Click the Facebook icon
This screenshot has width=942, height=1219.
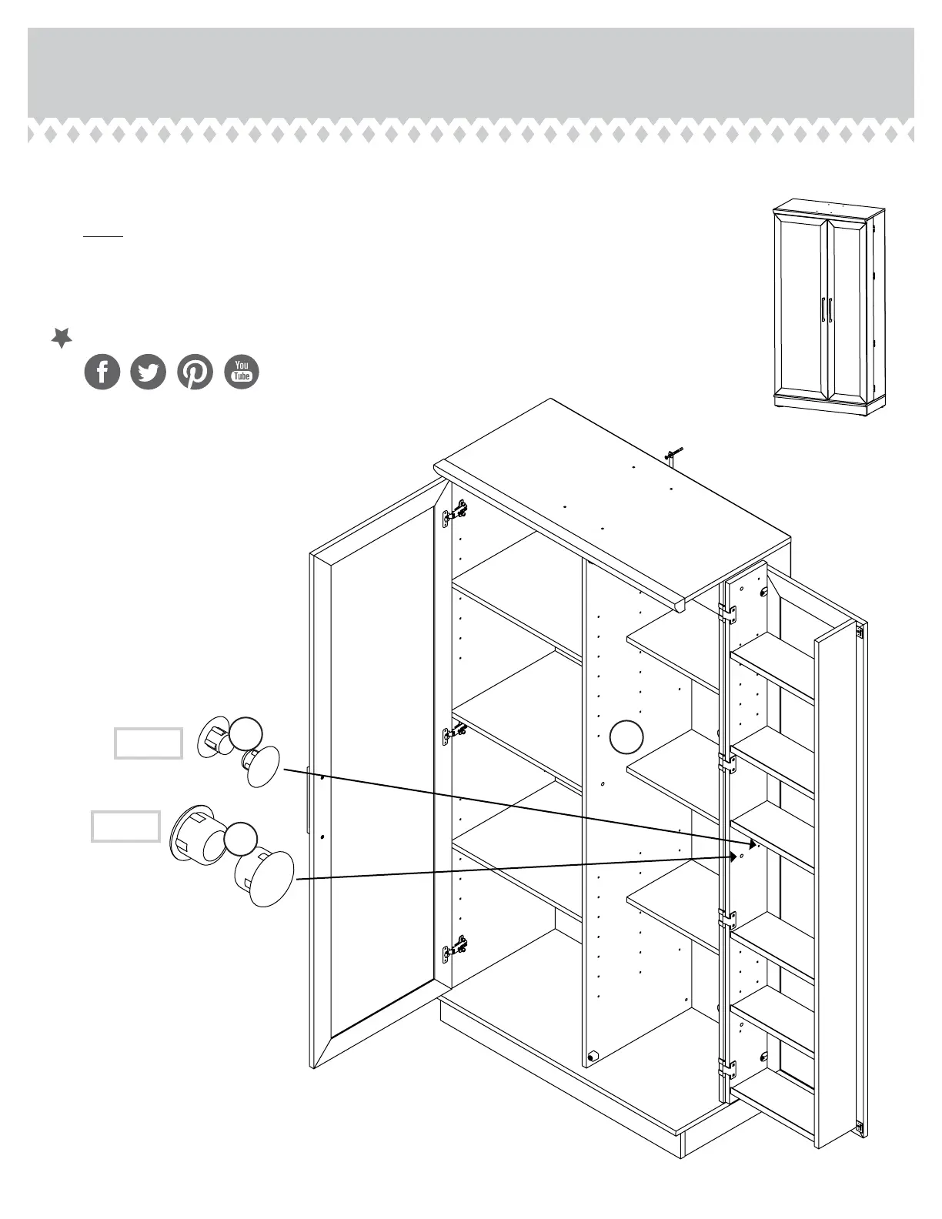(102, 372)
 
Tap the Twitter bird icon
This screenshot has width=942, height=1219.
(149, 372)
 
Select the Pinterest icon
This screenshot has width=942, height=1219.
(195, 372)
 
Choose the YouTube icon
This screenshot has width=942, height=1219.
(242, 372)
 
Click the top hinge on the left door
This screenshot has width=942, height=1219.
(456, 513)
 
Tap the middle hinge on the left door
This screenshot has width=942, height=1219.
(454, 733)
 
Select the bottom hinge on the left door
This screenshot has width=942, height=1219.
(456, 948)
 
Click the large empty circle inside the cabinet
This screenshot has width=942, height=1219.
(626, 737)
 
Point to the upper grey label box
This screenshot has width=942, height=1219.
(149, 743)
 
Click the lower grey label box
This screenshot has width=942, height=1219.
(126, 827)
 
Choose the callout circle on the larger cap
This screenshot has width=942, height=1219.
(241, 838)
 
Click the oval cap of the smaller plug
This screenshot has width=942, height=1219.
(264, 766)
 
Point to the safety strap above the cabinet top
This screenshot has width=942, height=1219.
(672, 456)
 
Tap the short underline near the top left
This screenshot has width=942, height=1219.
(103, 236)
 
